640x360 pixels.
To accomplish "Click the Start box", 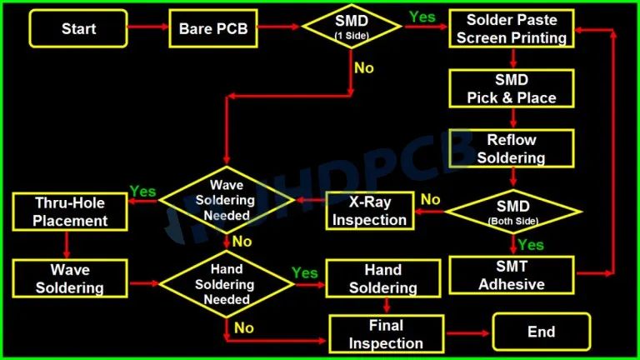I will (78, 29).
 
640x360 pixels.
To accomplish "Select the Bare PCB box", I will (212, 29).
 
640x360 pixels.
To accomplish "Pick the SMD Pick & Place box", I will (512, 88).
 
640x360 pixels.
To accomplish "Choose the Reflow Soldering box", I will (512, 148).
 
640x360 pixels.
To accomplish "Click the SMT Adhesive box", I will (512, 274).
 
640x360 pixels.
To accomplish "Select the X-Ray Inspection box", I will (369, 211).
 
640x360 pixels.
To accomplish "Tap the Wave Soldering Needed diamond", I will (227, 200).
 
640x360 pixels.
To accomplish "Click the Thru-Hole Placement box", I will (71, 212).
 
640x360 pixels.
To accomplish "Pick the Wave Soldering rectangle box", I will (70, 279).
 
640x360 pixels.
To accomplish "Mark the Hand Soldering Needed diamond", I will (227, 283).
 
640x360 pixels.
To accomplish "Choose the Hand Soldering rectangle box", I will (382, 279).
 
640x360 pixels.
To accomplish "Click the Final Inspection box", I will (386, 333).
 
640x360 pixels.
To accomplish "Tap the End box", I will (541, 332).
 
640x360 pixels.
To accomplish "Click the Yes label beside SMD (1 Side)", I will (422, 17).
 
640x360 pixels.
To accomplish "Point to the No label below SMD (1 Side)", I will (364, 68).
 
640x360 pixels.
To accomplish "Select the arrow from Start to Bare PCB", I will (147, 29).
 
